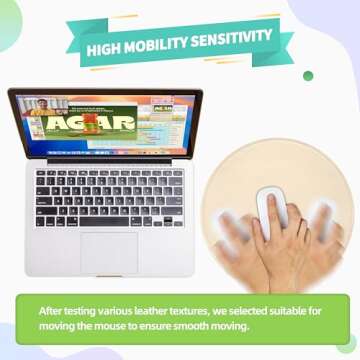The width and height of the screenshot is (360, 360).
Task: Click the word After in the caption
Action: pyautogui.click(x=51, y=311)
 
